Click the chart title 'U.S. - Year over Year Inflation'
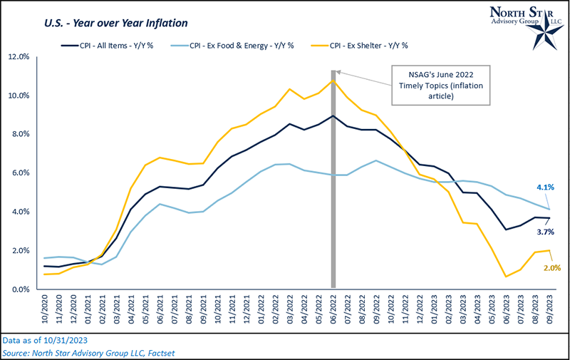pos(100,22)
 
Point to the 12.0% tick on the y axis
pos(18,56)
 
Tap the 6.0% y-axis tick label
pos(19,173)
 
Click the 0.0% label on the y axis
pos(19,289)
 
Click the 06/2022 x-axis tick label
pos(333,309)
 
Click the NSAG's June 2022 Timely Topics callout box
pos(433,86)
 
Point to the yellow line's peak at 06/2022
pos(333,81)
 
